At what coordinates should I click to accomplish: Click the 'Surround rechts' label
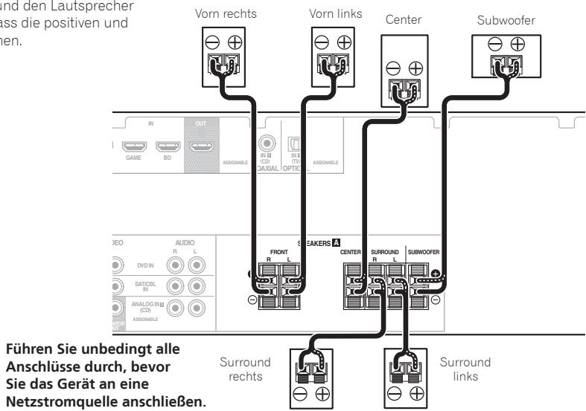tap(246, 369)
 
